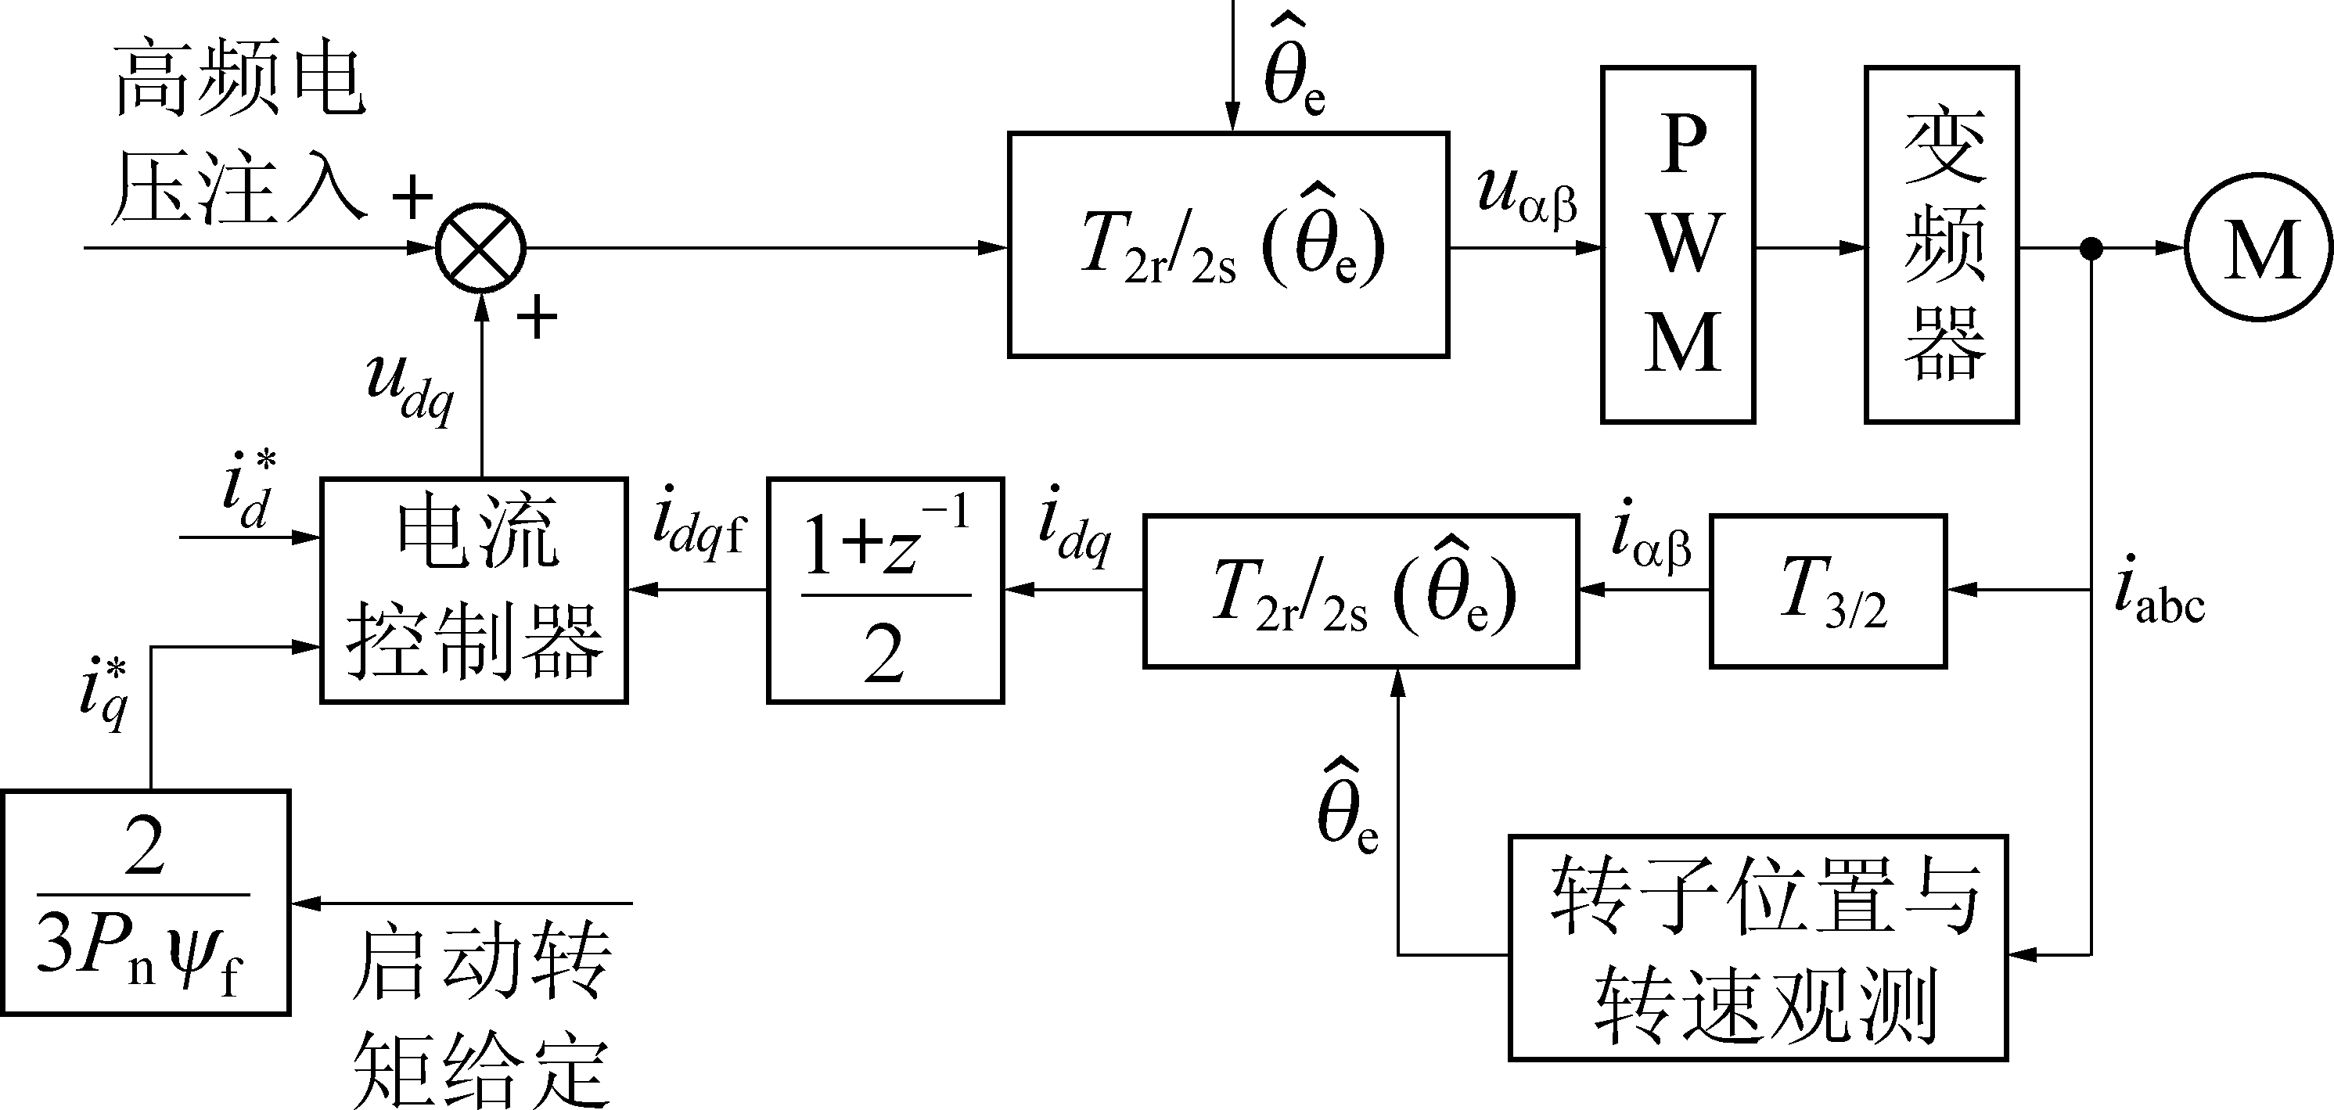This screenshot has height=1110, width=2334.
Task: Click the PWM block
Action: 1678,245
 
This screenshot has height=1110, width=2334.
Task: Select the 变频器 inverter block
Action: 1942,245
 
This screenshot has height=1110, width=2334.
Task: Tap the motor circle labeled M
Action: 2260,246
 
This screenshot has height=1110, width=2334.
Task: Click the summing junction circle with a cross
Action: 481,247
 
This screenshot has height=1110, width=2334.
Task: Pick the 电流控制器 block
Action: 474,590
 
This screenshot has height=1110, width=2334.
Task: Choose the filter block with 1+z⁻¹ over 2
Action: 885,590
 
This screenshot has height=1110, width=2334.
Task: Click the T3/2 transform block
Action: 1829,591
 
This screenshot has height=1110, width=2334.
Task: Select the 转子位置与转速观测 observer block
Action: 1758,947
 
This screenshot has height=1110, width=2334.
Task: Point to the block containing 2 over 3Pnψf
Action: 145,903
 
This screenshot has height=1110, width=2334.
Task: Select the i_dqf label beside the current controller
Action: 698,527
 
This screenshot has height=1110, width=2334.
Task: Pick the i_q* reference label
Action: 103,696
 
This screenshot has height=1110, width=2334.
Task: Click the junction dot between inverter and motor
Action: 2091,247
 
